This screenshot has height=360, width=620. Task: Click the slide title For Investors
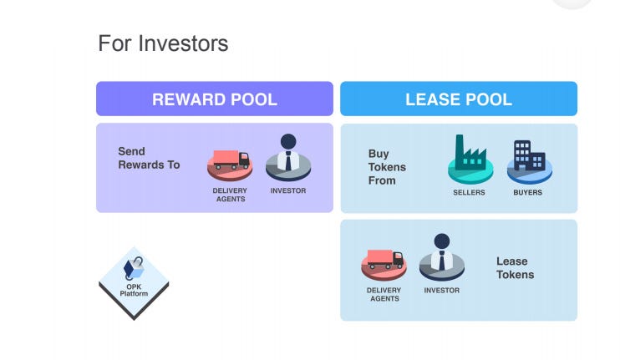point(163,43)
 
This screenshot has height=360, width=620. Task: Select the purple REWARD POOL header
point(215,99)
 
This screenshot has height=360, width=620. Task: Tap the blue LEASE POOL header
point(458,99)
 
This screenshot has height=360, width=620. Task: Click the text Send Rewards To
point(149,158)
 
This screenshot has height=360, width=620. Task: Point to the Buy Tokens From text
point(387,166)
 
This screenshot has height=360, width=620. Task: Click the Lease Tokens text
point(515,267)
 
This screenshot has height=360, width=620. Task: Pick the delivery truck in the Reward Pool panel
point(230,160)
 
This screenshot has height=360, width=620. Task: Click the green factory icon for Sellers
point(470,156)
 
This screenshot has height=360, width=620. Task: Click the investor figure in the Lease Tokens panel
point(441,255)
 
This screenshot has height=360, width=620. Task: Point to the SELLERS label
point(469,192)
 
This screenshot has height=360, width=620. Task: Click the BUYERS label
point(527,192)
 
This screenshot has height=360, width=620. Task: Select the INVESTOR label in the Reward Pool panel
point(288,190)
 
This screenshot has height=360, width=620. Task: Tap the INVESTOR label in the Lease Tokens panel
point(441,291)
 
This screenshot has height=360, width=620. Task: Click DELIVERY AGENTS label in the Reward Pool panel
point(230,195)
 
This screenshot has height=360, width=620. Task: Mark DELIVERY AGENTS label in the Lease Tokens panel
point(384,294)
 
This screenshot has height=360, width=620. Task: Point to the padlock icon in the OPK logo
point(133,267)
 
